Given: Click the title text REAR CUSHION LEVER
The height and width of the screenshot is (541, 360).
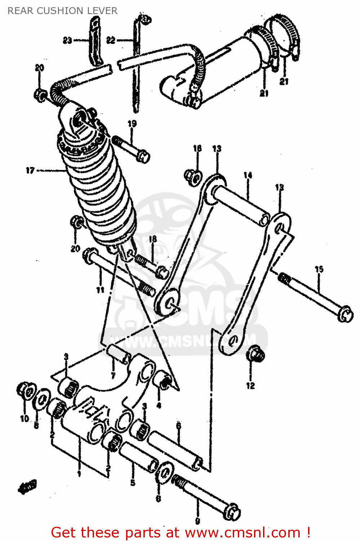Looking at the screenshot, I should pyautogui.click(x=62, y=11).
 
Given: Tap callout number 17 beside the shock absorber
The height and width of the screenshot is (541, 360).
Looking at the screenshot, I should pyautogui.click(x=30, y=170).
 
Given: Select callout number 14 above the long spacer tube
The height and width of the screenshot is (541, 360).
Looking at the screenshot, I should pyautogui.click(x=248, y=176).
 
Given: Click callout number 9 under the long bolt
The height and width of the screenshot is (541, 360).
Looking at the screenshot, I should pyautogui.click(x=198, y=521).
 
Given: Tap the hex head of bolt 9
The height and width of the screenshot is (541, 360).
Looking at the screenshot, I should pyautogui.click(x=232, y=512).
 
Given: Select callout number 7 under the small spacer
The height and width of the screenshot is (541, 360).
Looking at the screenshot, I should pyautogui.click(x=113, y=376).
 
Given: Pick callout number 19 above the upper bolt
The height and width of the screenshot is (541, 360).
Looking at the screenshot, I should pyautogui.click(x=132, y=124).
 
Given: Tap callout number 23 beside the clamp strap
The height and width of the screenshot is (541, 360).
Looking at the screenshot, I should pyautogui.click(x=67, y=40).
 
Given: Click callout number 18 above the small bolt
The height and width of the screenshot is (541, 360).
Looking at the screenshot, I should pyautogui.click(x=153, y=239).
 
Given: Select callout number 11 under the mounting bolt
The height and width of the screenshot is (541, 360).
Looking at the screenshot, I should pyautogui.click(x=100, y=290).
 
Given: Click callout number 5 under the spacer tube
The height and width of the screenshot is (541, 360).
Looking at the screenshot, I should pyautogui.click(x=133, y=483).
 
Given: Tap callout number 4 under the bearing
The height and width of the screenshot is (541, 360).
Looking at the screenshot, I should pyautogui.click(x=159, y=405).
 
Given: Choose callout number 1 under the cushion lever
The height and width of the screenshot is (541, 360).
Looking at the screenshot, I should pyautogui.click(x=79, y=474).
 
